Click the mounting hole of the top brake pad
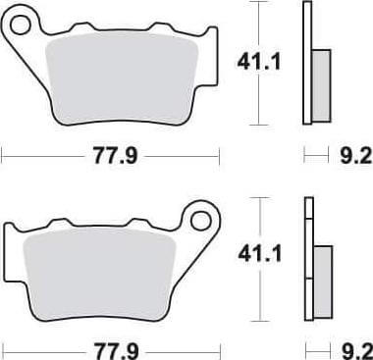tap(21, 25)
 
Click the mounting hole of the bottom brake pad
tap(200, 221)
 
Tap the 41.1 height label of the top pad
tap(259, 62)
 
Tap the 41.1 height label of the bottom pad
tap(260, 254)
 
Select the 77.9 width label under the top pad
tap(115, 156)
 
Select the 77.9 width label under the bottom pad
tap(117, 351)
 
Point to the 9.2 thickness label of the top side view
tap(356, 156)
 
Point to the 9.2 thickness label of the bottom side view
tap(357, 351)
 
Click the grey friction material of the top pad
tap(122, 77)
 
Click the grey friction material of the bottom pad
tap(99, 273)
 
